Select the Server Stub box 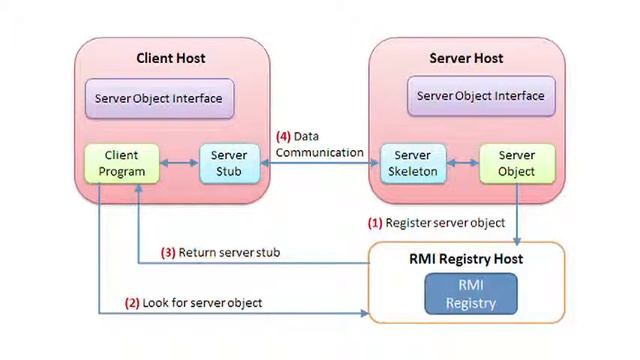229,163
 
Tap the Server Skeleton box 412,163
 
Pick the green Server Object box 516,163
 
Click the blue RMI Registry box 470,293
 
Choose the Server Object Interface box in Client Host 158,99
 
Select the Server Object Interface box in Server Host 480,96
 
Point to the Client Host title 170,58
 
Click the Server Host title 466,58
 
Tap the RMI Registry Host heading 466,259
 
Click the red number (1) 375,222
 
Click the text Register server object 445,222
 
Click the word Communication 320,152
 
